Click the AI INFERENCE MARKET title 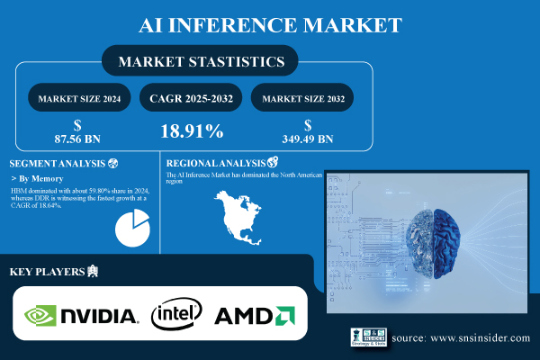[270, 22]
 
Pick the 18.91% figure [191, 131]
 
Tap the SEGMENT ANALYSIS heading [56, 164]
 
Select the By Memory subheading [42, 179]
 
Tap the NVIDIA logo [81, 315]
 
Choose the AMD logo [255, 315]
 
